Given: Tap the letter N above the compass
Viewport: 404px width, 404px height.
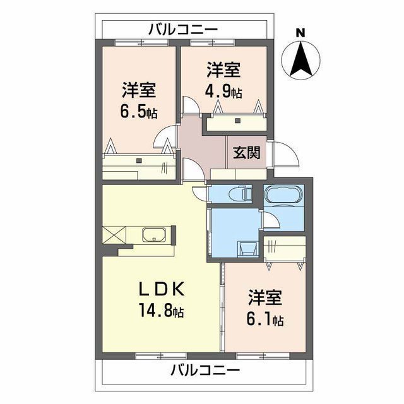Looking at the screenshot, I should pos(301,32).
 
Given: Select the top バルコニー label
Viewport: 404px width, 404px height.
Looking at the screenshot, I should pos(183,29).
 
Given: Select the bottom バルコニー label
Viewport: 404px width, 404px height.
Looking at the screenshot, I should pos(205,370).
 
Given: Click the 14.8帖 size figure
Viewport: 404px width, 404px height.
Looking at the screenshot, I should pos(162,311).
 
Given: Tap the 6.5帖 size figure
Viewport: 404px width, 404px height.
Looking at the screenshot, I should pos(139,113).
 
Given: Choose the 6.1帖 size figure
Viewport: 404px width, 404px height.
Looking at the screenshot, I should pos(265,320).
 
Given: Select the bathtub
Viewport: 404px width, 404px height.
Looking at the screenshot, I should pos(284,196).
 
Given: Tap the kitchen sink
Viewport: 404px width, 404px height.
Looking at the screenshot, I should pos(154,237).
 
